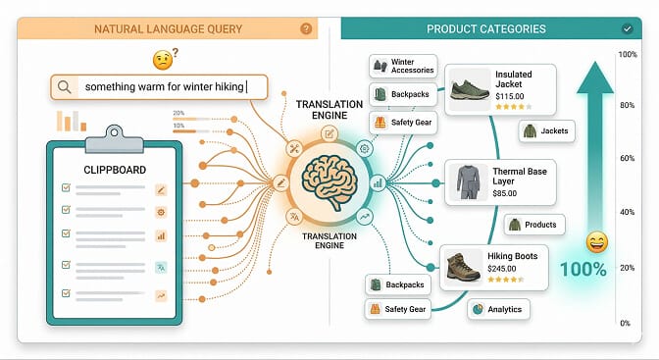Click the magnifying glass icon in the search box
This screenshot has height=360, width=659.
pos(64,87)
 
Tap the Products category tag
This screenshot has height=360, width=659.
pos(532,225)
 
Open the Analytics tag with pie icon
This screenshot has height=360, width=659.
pos(499,308)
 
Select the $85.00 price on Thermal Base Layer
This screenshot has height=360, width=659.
pos(505,193)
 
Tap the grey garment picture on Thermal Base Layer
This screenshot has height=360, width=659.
pos(465,181)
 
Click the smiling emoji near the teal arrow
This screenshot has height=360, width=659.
pos(595,242)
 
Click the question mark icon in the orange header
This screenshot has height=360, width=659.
pos(306,29)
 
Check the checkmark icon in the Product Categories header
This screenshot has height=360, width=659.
pos(627,29)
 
